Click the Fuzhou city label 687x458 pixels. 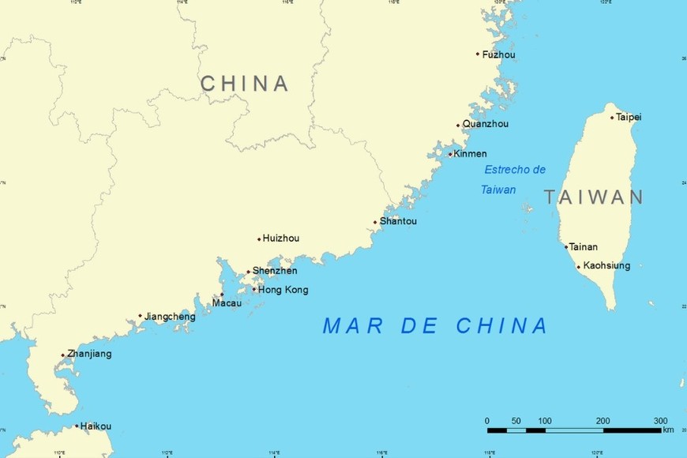click(498, 54)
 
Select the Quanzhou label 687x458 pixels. click(485, 124)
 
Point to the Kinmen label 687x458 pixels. click(470, 154)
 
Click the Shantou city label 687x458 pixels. click(398, 221)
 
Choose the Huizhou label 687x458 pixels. click(280, 238)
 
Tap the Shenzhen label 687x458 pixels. click(275, 271)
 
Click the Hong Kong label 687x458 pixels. click(283, 290)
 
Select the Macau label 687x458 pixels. click(227, 303)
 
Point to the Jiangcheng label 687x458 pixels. click(170, 317)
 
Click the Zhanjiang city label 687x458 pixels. click(89, 354)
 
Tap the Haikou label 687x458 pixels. click(96, 426)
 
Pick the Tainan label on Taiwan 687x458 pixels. click(584, 247)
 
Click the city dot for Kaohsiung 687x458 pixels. click(579, 267)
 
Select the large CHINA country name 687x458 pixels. click(244, 84)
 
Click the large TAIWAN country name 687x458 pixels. click(593, 197)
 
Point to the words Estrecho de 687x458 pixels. click(515, 170)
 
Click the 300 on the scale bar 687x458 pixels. click(660, 420)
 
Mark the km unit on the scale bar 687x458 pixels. click(668, 430)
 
